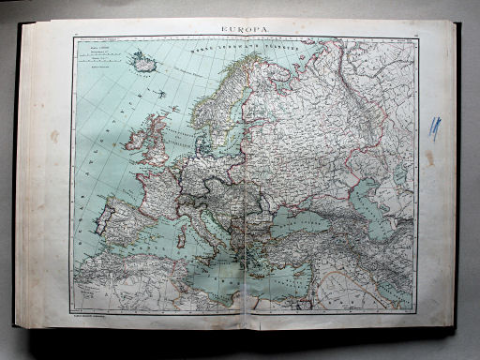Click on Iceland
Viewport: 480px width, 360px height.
tap(144, 65)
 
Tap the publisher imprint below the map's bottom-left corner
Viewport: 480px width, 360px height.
tap(94, 315)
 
